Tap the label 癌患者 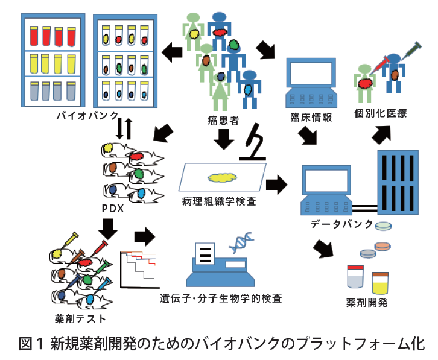[x=224, y=122]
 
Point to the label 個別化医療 [x=381, y=113]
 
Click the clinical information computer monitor [x=309, y=74]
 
